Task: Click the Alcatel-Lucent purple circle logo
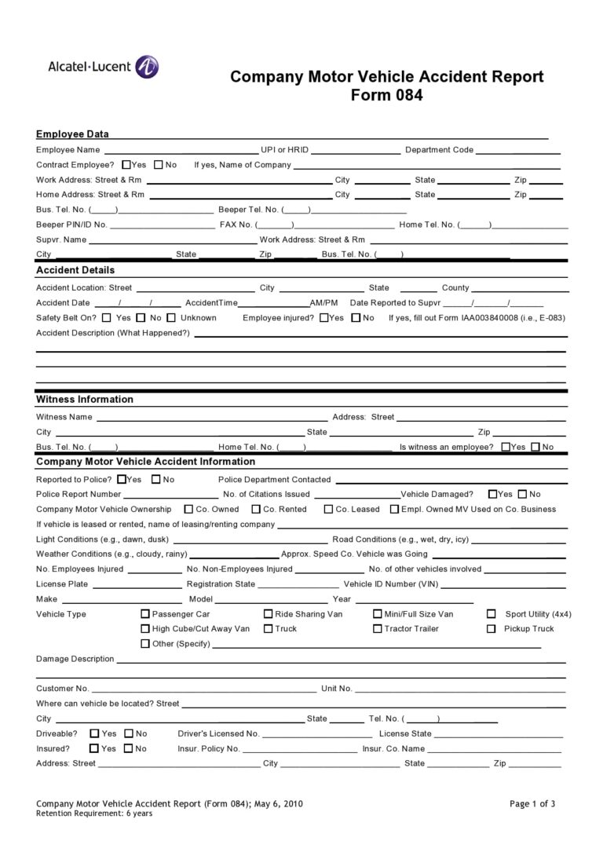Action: (147, 68)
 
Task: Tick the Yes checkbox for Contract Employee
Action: (126, 165)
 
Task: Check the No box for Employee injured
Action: (356, 318)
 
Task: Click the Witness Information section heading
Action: (85, 399)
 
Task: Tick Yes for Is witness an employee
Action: (505, 447)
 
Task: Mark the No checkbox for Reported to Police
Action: (156, 479)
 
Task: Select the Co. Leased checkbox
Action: (328, 509)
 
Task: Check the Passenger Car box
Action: (145, 614)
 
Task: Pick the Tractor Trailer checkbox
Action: (378, 628)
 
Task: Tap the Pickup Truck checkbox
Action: (492, 628)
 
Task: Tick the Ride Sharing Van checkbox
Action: (269, 614)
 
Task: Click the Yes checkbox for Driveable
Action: (94, 733)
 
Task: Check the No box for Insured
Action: (129, 748)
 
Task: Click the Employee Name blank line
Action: (181, 150)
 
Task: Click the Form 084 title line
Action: (386, 96)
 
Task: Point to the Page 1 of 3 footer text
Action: (532, 803)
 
